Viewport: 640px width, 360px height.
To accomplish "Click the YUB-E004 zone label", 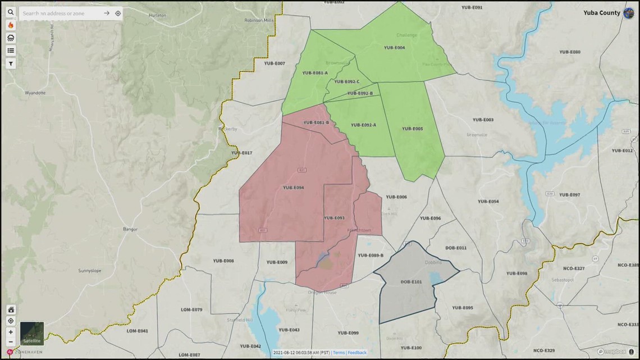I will [x=394, y=48].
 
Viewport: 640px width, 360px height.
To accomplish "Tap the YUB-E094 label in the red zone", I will [x=293, y=188].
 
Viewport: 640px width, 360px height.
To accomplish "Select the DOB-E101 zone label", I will [x=411, y=281].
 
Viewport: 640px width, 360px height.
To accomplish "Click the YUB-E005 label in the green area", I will [x=412, y=129].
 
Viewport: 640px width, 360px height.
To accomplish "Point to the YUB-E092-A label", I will [x=363, y=125].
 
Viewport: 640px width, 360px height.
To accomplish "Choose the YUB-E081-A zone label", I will [x=315, y=73].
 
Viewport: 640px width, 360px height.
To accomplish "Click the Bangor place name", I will [x=130, y=229].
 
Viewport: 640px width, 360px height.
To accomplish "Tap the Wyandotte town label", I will [x=35, y=93].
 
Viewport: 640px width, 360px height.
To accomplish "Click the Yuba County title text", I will [x=601, y=13].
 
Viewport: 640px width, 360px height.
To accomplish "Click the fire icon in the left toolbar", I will [x=11, y=25].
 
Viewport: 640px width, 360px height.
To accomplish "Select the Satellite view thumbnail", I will [x=32, y=333].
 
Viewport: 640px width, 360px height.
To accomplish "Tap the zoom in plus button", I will [x=11, y=332].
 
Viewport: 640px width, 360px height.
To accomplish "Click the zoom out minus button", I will [x=11, y=342].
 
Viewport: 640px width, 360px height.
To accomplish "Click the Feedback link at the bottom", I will [x=357, y=353].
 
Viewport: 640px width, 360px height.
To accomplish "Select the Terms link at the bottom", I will [x=339, y=353].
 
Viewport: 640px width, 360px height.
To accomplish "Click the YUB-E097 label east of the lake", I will [x=569, y=195].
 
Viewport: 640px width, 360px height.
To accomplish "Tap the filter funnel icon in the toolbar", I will [x=11, y=64].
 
